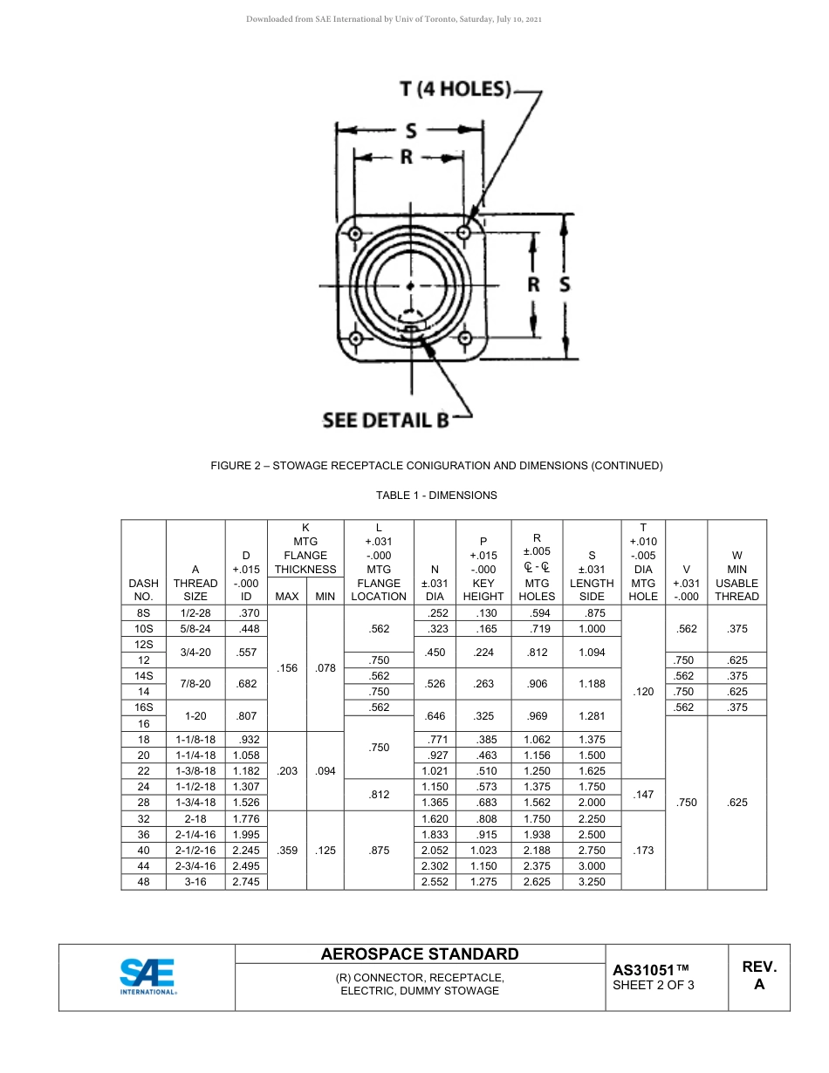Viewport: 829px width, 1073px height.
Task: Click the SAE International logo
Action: (147, 977)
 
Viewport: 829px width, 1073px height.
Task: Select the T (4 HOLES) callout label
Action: (455, 89)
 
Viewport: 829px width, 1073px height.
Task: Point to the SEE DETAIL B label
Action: (385, 420)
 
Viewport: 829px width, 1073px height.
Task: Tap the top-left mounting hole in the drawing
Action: (355, 233)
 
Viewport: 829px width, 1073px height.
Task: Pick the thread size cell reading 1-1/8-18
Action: (195, 739)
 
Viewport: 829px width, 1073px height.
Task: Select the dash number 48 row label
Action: (144, 882)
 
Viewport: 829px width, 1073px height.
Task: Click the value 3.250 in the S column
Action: (592, 882)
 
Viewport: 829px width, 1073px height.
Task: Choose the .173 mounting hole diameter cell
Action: (642, 851)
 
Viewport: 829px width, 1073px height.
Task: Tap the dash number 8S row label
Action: (144, 613)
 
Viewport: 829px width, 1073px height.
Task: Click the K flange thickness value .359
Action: (286, 851)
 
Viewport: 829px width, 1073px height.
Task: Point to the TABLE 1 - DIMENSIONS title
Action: (436, 495)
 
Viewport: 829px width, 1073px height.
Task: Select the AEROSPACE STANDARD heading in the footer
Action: (420, 953)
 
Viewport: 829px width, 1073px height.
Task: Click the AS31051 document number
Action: (651, 970)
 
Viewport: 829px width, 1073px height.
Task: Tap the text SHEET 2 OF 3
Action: (654, 986)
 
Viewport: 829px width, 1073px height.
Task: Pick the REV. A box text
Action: (758, 975)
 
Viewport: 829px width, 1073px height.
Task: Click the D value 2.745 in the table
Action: (246, 882)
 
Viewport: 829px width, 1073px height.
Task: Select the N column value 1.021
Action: (434, 771)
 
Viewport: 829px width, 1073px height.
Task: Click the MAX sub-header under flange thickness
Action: (286, 597)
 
